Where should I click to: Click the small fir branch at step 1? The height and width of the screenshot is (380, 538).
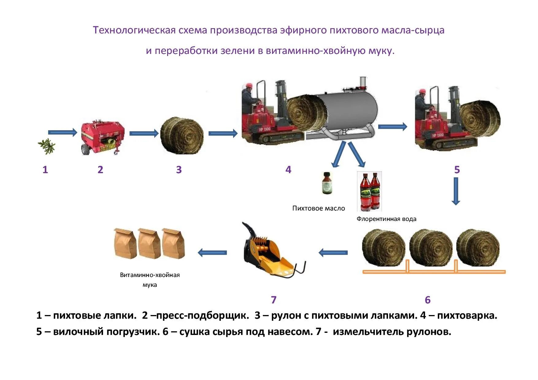pos(47,147)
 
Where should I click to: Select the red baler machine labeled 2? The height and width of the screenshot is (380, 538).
pos(102,138)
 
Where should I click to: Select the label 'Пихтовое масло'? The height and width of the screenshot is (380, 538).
pos(318,208)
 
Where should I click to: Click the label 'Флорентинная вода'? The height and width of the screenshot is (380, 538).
pos(386,219)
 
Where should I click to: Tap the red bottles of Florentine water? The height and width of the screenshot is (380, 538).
pos(369,191)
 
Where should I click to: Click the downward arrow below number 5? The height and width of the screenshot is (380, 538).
pos(456,191)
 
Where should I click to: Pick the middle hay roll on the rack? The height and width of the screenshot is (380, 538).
pos(431,248)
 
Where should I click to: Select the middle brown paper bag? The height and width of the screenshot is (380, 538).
pos(150,243)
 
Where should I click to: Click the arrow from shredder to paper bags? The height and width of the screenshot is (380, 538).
pos(212,253)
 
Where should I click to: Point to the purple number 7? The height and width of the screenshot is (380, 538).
pos(274,300)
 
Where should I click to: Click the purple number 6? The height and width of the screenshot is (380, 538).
pos(428,300)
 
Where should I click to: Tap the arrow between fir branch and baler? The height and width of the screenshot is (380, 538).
pos(63,132)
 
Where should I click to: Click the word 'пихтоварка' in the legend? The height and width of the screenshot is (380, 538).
pos(467,315)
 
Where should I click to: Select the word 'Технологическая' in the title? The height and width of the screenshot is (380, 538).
pos(134,30)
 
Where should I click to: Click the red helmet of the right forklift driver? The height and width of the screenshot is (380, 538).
pos(422,91)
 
